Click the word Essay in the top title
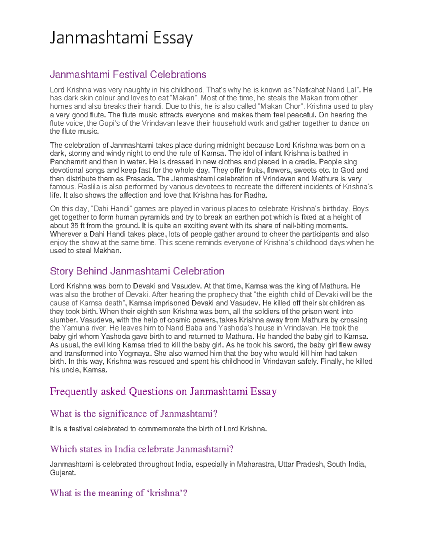[x=173, y=38]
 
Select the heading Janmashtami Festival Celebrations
[x=128, y=75]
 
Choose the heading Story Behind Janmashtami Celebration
[x=137, y=271]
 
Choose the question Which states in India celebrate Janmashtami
[x=142, y=449]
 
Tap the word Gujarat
[x=63, y=473]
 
